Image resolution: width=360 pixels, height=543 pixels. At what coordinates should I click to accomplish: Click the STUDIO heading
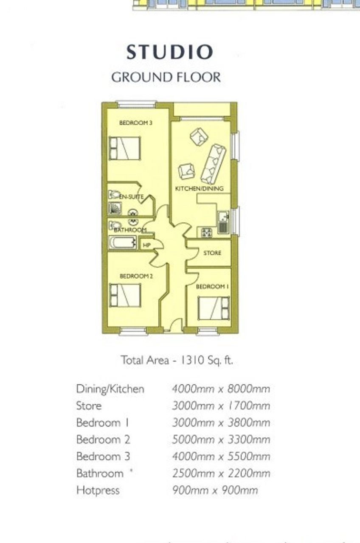tap(169, 52)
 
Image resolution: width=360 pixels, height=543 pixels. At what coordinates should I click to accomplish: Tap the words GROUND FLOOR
tap(166, 77)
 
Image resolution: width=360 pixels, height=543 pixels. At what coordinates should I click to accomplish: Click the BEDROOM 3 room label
tap(136, 123)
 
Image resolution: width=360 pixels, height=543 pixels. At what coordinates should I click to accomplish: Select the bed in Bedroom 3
tap(125, 148)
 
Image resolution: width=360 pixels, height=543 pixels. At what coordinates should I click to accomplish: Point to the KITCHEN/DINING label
tap(200, 189)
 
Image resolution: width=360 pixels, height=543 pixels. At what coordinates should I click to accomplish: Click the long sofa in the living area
tap(214, 164)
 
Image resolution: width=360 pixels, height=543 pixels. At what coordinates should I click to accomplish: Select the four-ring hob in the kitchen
tap(206, 233)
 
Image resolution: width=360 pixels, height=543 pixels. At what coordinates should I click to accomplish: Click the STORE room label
tap(212, 253)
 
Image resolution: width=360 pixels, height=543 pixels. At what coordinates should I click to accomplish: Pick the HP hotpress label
tap(146, 245)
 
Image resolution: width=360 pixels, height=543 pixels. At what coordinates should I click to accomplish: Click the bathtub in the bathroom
tap(123, 242)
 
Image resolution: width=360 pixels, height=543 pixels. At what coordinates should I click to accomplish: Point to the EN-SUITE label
tap(131, 197)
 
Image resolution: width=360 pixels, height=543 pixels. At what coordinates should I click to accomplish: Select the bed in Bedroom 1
tap(214, 308)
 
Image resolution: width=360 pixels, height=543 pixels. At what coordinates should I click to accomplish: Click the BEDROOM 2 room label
tap(136, 276)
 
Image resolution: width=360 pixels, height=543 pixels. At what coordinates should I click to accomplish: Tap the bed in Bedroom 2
tap(125, 296)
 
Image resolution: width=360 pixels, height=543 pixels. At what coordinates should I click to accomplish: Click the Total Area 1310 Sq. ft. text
tap(177, 360)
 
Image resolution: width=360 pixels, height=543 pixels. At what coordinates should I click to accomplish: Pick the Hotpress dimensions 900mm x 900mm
tap(215, 490)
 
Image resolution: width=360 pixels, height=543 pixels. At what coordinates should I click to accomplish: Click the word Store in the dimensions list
tap(89, 406)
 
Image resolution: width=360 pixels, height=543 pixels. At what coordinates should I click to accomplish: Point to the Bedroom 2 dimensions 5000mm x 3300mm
tap(221, 440)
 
